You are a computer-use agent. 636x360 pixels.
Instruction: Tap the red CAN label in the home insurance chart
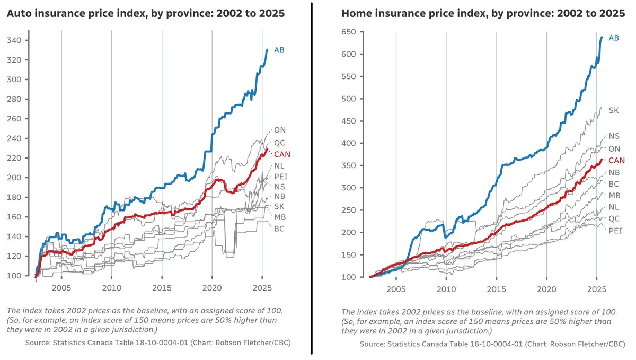tap(616, 160)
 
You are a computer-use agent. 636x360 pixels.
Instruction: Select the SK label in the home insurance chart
tap(613, 110)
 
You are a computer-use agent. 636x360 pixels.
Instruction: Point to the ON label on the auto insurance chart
tap(280, 129)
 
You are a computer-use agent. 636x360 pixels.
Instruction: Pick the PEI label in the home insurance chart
tap(615, 230)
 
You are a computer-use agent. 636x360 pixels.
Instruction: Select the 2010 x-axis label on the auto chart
tap(111, 288)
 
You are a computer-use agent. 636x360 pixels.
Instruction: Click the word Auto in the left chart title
tap(17, 14)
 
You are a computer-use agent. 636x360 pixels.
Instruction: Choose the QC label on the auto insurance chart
tap(280, 143)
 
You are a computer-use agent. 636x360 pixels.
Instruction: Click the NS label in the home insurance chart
tap(614, 136)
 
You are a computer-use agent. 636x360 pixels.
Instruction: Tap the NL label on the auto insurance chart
tap(279, 166)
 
